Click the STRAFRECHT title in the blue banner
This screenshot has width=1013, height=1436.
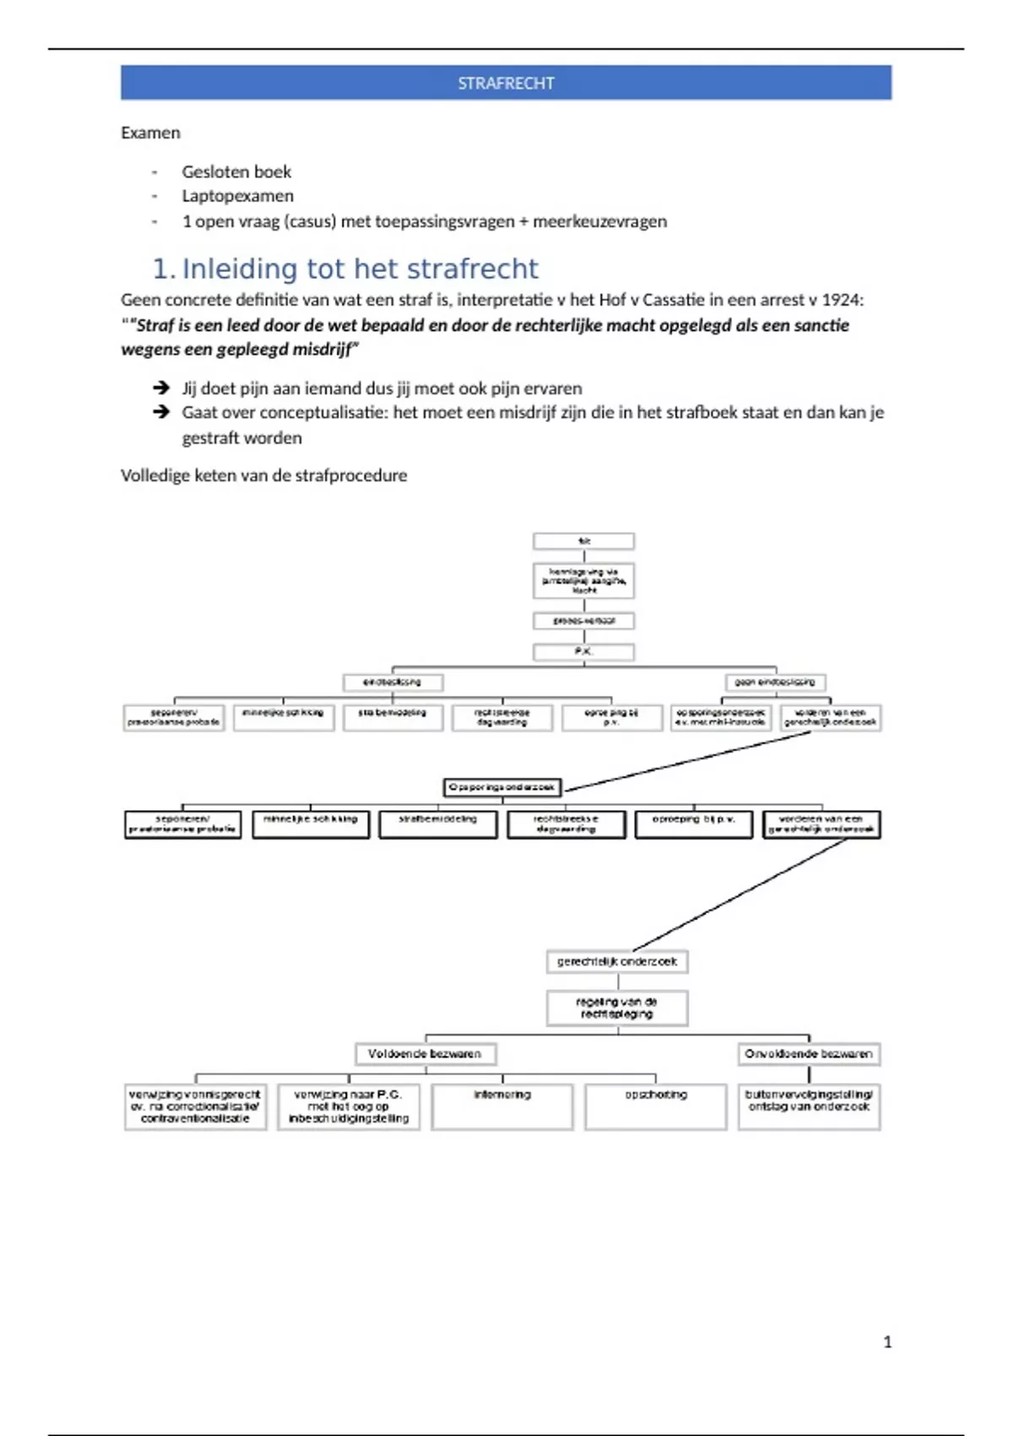(x=506, y=84)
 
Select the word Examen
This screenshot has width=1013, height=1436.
(x=150, y=133)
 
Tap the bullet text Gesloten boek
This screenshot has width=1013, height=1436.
(x=236, y=171)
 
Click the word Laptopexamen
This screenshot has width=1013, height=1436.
(x=238, y=196)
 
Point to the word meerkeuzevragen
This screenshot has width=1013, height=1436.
(x=599, y=221)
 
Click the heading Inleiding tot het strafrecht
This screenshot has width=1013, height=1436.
(x=360, y=269)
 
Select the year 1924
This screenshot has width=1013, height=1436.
(x=845, y=300)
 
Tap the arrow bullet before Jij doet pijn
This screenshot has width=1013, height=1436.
(x=161, y=388)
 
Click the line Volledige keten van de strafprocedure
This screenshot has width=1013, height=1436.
(x=263, y=476)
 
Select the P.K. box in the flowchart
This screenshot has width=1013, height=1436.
(x=583, y=652)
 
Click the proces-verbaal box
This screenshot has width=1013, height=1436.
(x=583, y=621)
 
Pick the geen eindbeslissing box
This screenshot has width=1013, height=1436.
(x=775, y=682)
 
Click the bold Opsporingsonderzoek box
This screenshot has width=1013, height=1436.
(x=501, y=787)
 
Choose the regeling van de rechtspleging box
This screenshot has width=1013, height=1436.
(x=617, y=1008)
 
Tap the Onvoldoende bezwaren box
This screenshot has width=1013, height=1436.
(x=808, y=1053)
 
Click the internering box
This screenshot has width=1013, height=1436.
(x=502, y=1107)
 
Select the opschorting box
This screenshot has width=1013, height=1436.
(x=656, y=1107)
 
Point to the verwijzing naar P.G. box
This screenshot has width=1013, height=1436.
(x=349, y=1107)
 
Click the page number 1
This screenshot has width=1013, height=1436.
(x=887, y=1341)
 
